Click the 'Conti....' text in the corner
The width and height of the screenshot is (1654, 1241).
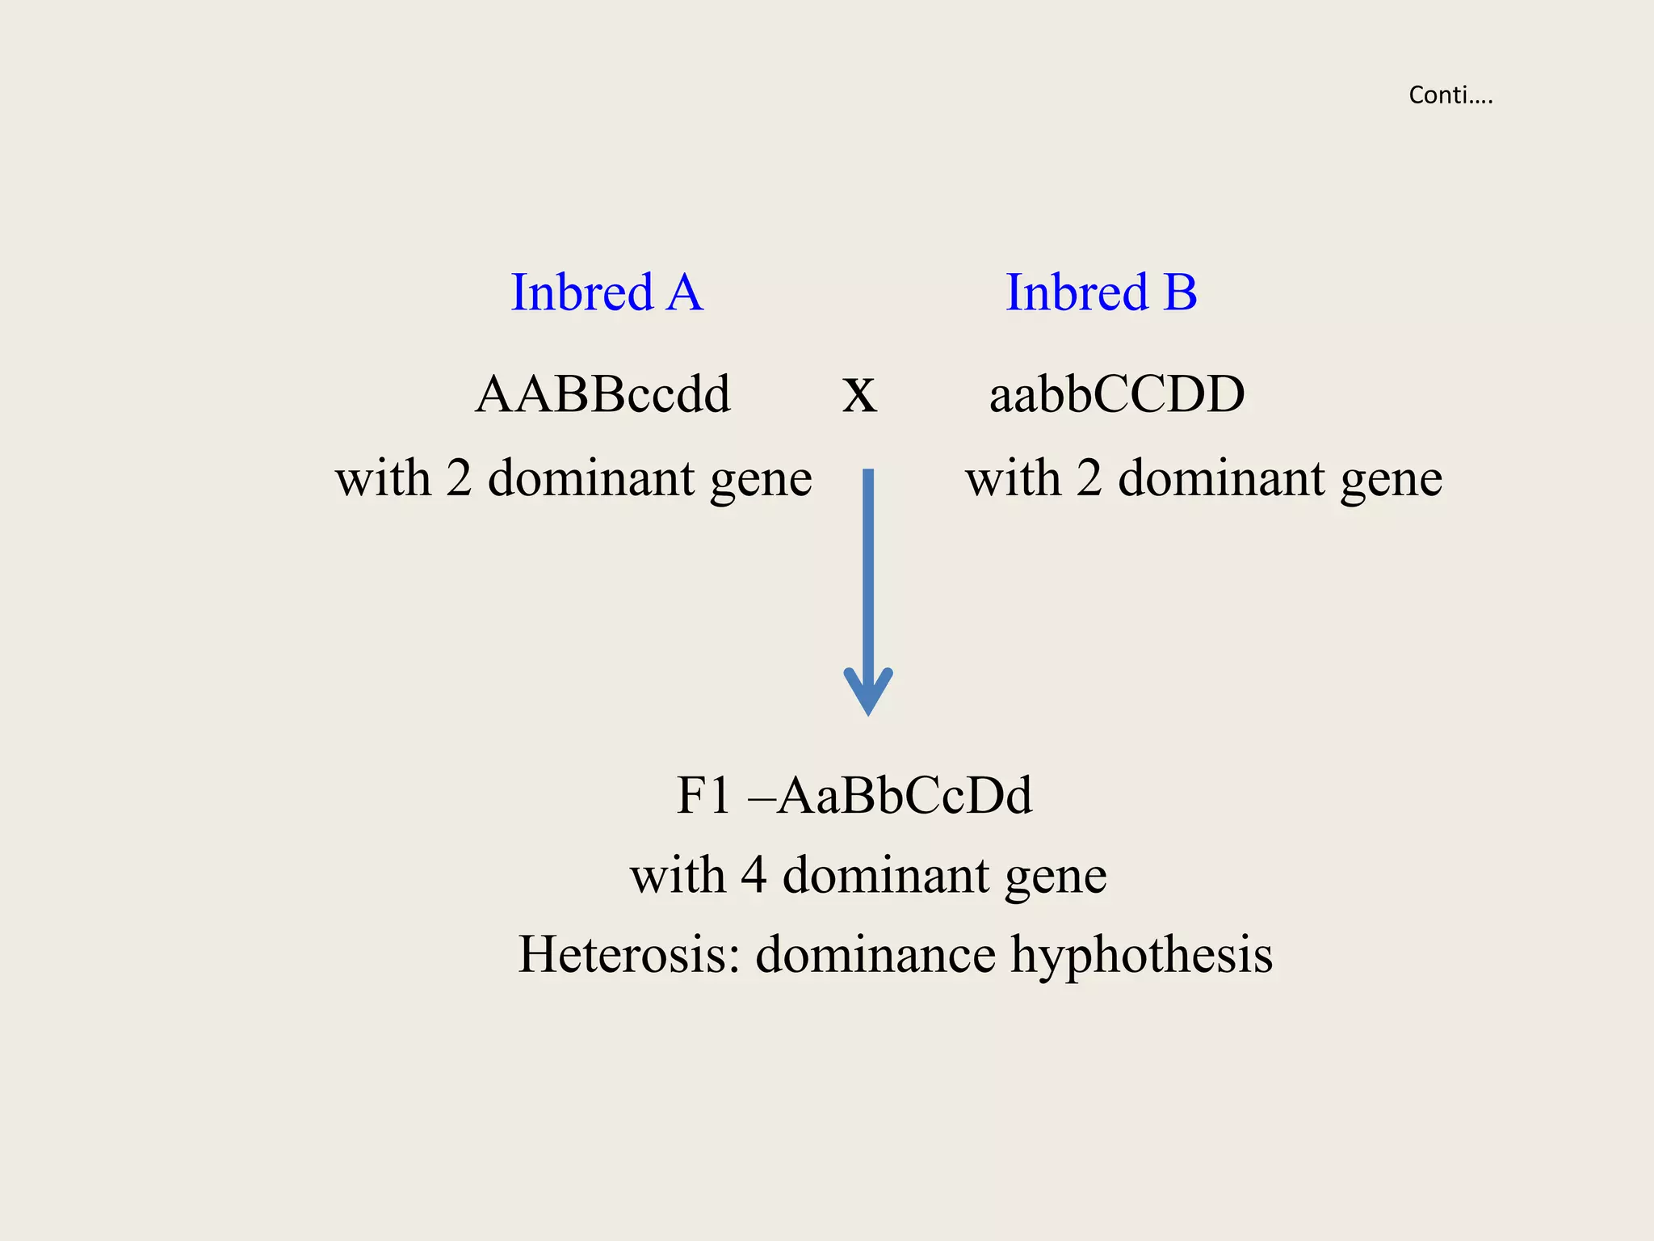coord(1450,95)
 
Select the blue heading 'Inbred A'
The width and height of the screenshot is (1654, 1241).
coord(607,292)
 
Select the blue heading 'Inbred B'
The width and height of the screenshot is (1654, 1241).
coord(1101,292)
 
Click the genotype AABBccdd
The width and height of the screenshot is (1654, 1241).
coord(602,394)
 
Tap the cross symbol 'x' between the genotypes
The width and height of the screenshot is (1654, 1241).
coord(859,396)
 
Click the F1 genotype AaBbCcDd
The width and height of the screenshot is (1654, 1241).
coord(905,795)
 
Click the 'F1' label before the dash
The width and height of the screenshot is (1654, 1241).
coord(703,795)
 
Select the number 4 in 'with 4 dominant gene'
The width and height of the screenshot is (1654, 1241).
coord(753,874)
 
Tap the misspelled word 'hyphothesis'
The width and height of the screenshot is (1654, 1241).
coord(1142,955)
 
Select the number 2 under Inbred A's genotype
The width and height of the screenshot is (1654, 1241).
coord(459,477)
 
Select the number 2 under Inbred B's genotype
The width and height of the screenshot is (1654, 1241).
coord(1089,477)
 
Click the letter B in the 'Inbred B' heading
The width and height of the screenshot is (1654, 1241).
coord(1180,292)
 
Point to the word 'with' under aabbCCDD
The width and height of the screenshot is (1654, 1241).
coord(1013,477)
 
